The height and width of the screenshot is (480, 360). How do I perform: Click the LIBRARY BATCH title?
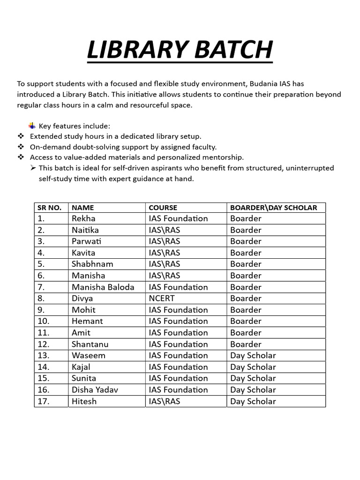(180, 51)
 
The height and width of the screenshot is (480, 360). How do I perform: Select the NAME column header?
(83, 208)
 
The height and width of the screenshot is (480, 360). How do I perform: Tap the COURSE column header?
(163, 208)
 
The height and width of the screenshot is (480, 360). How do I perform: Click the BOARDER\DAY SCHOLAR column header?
(273, 208)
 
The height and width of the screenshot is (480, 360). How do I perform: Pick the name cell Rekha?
(83, 218)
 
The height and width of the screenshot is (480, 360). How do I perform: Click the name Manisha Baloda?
(103, 287)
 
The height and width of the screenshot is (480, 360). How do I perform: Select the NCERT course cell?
(162, 299)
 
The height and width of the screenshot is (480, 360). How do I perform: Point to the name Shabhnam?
(92, 264)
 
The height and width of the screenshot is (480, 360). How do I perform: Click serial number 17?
(43, 401)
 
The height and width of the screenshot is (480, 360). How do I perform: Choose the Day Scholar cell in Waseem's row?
(253, 355)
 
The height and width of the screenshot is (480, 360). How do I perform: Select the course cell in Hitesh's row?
(164, 401)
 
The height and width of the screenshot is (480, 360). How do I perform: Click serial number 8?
(41, 299)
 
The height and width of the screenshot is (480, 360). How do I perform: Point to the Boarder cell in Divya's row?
(246, 299)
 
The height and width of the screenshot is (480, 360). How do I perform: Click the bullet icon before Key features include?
(32, 126)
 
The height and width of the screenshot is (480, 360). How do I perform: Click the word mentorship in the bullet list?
(224, 157)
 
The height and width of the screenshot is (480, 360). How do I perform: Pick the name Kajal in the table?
(81, 367)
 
